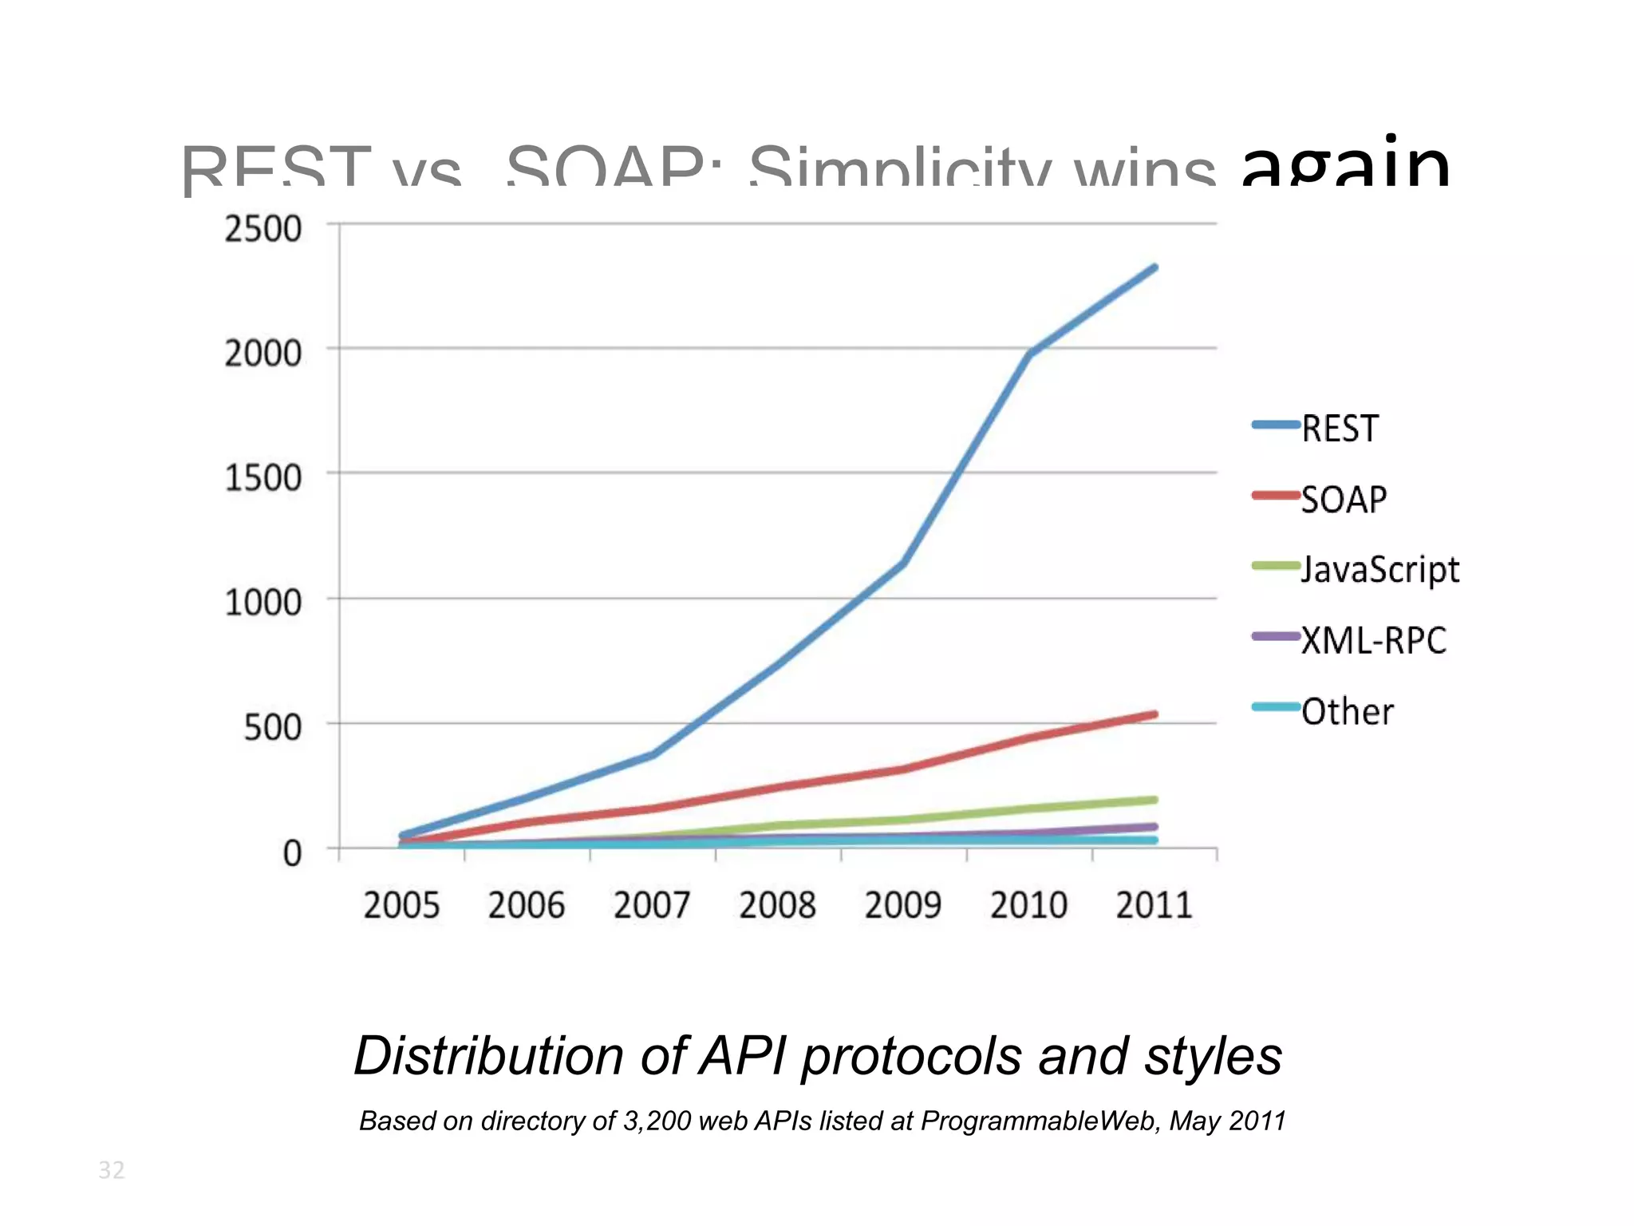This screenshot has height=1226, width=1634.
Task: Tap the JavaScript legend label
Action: pos(1379,570)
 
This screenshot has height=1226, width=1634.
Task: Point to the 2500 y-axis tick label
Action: pos(263,229)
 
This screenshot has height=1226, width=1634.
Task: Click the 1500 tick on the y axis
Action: pos(263,478)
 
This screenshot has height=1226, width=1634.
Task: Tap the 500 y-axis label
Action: pos(273,728)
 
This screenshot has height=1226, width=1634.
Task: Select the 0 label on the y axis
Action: pos(293,853)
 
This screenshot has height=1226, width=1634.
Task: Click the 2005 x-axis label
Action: pos(401,905)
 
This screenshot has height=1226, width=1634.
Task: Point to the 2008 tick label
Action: pos(777,905)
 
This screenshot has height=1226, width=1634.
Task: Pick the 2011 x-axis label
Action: pos(1154,905)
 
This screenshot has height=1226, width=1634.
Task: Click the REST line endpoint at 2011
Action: pos(1154,267)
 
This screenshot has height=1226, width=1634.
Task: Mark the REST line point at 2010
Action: pos(1030,352)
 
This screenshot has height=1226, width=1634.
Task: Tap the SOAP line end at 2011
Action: pos(1154,714)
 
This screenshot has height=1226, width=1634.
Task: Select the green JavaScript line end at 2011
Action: pos(1154,800)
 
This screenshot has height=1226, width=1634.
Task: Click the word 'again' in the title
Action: pos(1345,164)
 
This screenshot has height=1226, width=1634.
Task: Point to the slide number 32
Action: pos(112,1170)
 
